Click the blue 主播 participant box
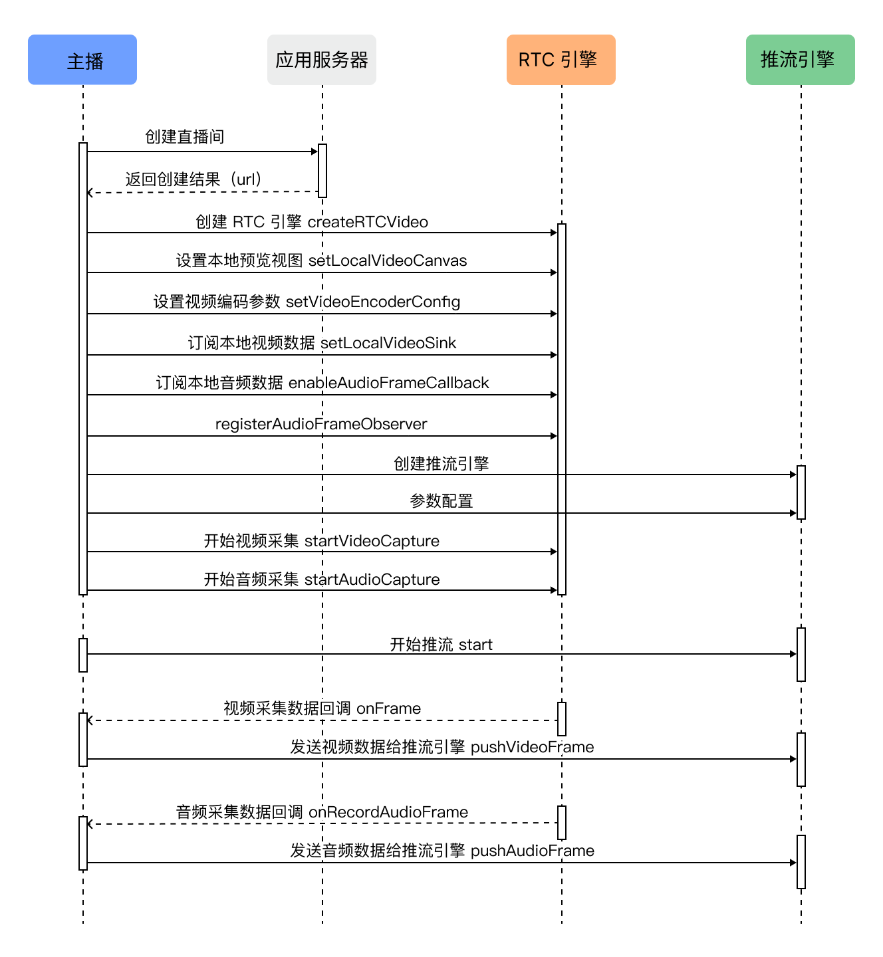click(x=82, y=60)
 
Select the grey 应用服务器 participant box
click(x=322, y=60)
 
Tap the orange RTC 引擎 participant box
click(x=561, y=60)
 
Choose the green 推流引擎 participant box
click(x=800, y=60)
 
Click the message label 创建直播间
click(x=185, y=137)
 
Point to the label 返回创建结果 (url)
click(x=194, y=179)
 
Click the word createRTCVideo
click(x=368, y=222)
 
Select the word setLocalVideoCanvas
click(x=387, y=261)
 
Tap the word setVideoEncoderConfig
click(x=373, y=302)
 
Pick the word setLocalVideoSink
click(x=388, y=343)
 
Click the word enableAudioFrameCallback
click(x=388, y=383)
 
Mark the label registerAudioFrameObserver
click(x=320, y=424)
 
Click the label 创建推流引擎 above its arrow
click(x=441, y=464)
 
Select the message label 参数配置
click(x=441, y=501)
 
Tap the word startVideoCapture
click(x=372, y=541)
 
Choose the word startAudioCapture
click(x=372, y=580)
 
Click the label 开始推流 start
click(x=441, y=644)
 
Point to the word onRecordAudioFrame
click(x=388, y=812)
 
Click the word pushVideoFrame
click(x=532, y=747)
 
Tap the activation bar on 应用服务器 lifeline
click(x=322, y=171)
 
